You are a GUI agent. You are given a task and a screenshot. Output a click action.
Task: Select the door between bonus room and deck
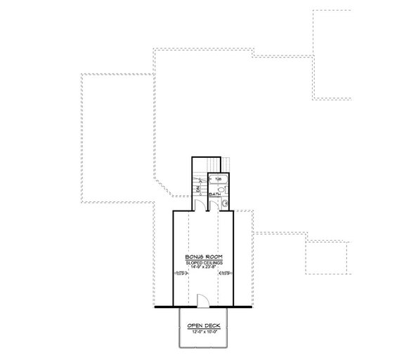[x=202, y=300]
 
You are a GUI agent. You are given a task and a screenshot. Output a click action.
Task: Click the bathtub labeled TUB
[x=223, y=180]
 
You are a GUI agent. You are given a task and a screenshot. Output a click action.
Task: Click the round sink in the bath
[x=225, y=204]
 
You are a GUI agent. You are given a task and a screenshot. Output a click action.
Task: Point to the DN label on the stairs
[x=200, y=188]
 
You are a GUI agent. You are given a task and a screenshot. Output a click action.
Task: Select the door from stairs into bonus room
[x=201, y=206]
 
